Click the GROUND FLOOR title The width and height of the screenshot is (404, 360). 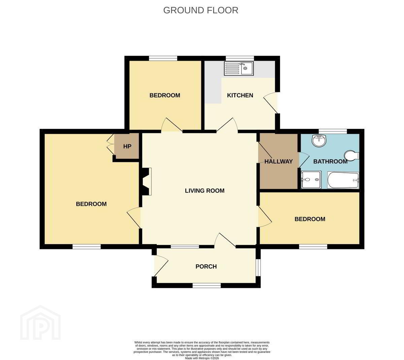click(201, 10)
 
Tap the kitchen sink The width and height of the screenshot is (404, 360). click(239, 68)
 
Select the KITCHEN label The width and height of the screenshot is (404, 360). click(240, 95)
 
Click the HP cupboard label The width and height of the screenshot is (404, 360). click(127, 146)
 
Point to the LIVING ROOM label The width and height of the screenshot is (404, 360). click(205, 191)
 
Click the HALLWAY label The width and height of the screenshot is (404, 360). click(278, 161)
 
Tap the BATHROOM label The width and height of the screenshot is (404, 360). click(330, 161)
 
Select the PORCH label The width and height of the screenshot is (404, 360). click(206, 266)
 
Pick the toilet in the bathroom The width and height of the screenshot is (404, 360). click(352, 156)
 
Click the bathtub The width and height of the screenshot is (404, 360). click(343, 180)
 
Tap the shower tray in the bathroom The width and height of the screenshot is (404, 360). click(311, 179)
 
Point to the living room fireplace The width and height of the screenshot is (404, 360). click(146, 181)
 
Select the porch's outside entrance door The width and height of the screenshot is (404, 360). click(161, 266)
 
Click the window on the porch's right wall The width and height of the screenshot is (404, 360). click(258, 268)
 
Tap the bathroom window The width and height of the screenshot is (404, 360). click(333, 131)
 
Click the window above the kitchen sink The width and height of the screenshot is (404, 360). click(240, 58)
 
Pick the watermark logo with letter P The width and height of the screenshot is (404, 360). click(40, 323)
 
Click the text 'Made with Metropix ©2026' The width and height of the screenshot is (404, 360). click(202, 358)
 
